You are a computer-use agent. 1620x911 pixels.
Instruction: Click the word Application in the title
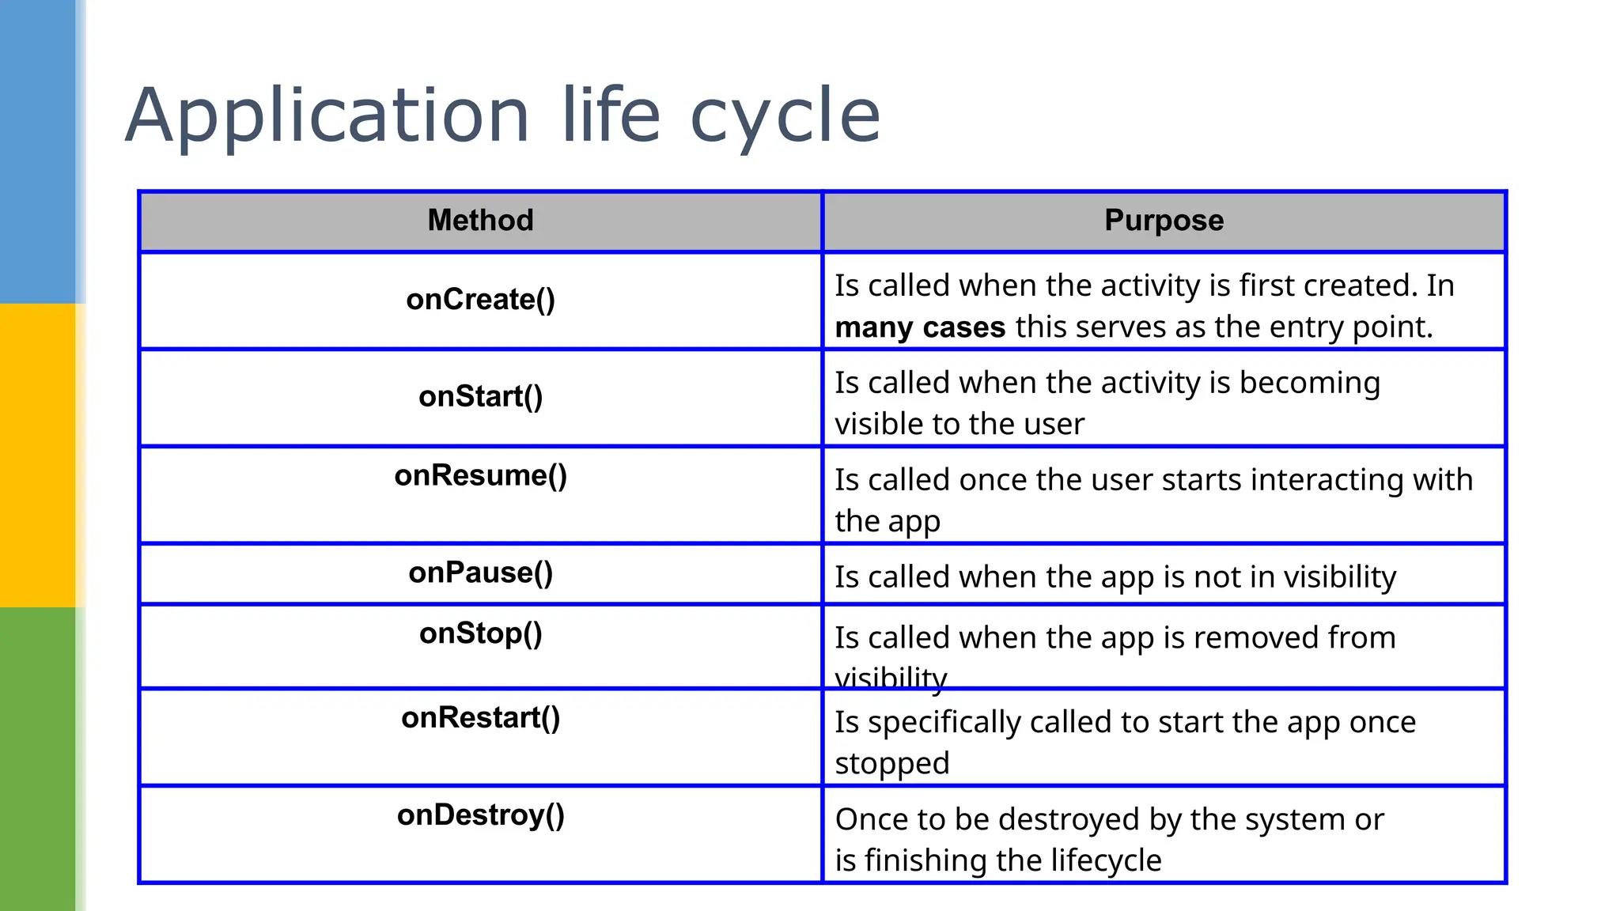[327, 117]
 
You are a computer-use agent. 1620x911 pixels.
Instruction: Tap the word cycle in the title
[785, 117]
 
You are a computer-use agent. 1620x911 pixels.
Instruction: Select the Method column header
[480, 221]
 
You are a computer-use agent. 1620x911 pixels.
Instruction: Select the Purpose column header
[1164, 221]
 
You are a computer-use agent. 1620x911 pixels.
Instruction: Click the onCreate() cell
[480, 300]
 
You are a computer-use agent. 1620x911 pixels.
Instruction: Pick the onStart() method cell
[480, 397]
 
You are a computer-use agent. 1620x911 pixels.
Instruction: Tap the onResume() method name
[480, 476]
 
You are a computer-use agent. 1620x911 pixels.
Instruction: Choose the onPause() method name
[480, 573]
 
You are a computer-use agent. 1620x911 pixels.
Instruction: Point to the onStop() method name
[480, 634]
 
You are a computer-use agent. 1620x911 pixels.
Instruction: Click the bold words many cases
[919, 327]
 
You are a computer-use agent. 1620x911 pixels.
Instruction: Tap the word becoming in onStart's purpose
[1309, 384]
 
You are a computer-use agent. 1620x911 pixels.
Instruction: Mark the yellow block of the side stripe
[37, 455]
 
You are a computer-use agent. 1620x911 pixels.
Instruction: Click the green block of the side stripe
[37, 759]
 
